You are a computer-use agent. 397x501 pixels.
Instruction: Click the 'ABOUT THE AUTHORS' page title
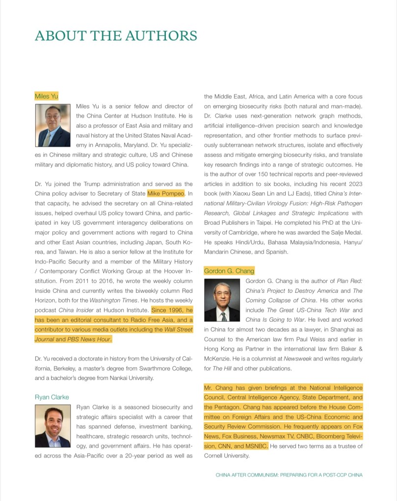click(x=116, y=36)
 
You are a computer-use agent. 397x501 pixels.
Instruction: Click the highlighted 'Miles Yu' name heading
click(x=46, y=96)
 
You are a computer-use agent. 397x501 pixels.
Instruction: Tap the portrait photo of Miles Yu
click(x=53, y=125)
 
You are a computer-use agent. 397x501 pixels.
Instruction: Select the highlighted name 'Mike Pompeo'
click(x=166, y=193)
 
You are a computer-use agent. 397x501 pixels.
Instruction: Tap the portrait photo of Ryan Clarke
click(x=53, y=426)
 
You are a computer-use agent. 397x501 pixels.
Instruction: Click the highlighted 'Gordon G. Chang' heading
click(x=229, y=271)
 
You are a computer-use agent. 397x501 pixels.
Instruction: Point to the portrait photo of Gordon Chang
click(x=222, y=300)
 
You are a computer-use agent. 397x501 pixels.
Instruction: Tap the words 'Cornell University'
click(x=227, y=455)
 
